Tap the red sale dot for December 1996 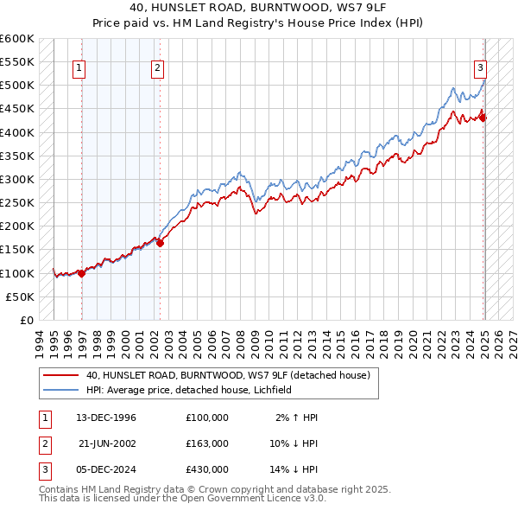(x=81, y=273)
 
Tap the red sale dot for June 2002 (x=160, y=243)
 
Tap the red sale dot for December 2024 (x=483, y=118)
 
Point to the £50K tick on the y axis (x=20, y=296)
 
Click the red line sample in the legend (x=60, y=375)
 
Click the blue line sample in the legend (x=60, y=390)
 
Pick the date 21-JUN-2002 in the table (x=107, y=443)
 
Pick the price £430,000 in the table (x=207, y=469)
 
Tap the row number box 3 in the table (x=42, y=469)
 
